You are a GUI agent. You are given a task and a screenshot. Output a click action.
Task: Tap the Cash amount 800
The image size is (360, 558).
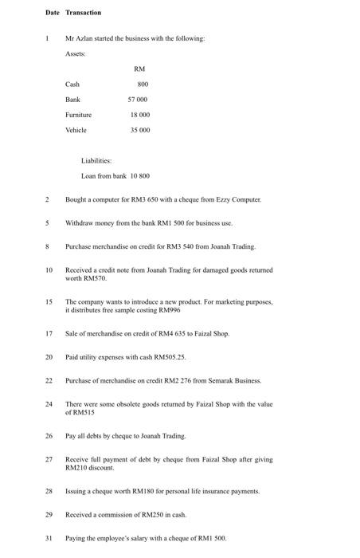coord(143,84)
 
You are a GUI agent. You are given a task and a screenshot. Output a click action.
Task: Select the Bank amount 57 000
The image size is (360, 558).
coord(139,100)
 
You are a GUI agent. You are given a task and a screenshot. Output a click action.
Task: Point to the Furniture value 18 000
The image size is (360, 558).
coord(139,115)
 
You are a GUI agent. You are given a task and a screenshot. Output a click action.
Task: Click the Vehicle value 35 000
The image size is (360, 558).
coord(139,130)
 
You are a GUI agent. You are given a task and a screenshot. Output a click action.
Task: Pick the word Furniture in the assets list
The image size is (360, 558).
coord(78,115)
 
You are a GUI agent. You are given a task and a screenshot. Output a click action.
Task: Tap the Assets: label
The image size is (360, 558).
coord(76,54)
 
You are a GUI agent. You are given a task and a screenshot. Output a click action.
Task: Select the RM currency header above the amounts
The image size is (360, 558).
coord(139,69)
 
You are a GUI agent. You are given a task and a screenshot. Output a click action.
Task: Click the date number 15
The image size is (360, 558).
coord(49,302)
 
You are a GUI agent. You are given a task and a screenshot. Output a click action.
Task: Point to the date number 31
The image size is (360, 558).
coord(49,538)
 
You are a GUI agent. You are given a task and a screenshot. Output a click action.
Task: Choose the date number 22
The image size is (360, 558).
coord(49,380)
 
